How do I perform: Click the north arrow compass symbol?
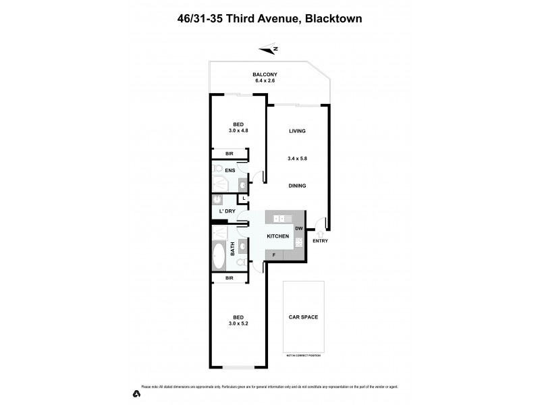pos(269,48)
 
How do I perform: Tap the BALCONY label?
pos(265,74)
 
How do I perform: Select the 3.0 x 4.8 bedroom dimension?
pos(238,130)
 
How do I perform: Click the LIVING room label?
pos(298,131)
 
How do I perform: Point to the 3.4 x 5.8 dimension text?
pos(298,159)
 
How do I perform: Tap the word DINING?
pos(298,186)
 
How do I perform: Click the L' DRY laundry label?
pos(227,211)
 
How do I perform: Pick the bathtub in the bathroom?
pos(219,257)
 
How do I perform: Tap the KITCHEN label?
pos(278,236)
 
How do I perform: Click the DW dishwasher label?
pos(298,229)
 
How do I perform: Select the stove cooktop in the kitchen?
pos(299,242)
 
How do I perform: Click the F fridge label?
pos(274,255)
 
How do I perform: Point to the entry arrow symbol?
pos(320,234)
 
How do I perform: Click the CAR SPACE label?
pos(303,317)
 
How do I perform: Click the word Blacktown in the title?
pos(333,19)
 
